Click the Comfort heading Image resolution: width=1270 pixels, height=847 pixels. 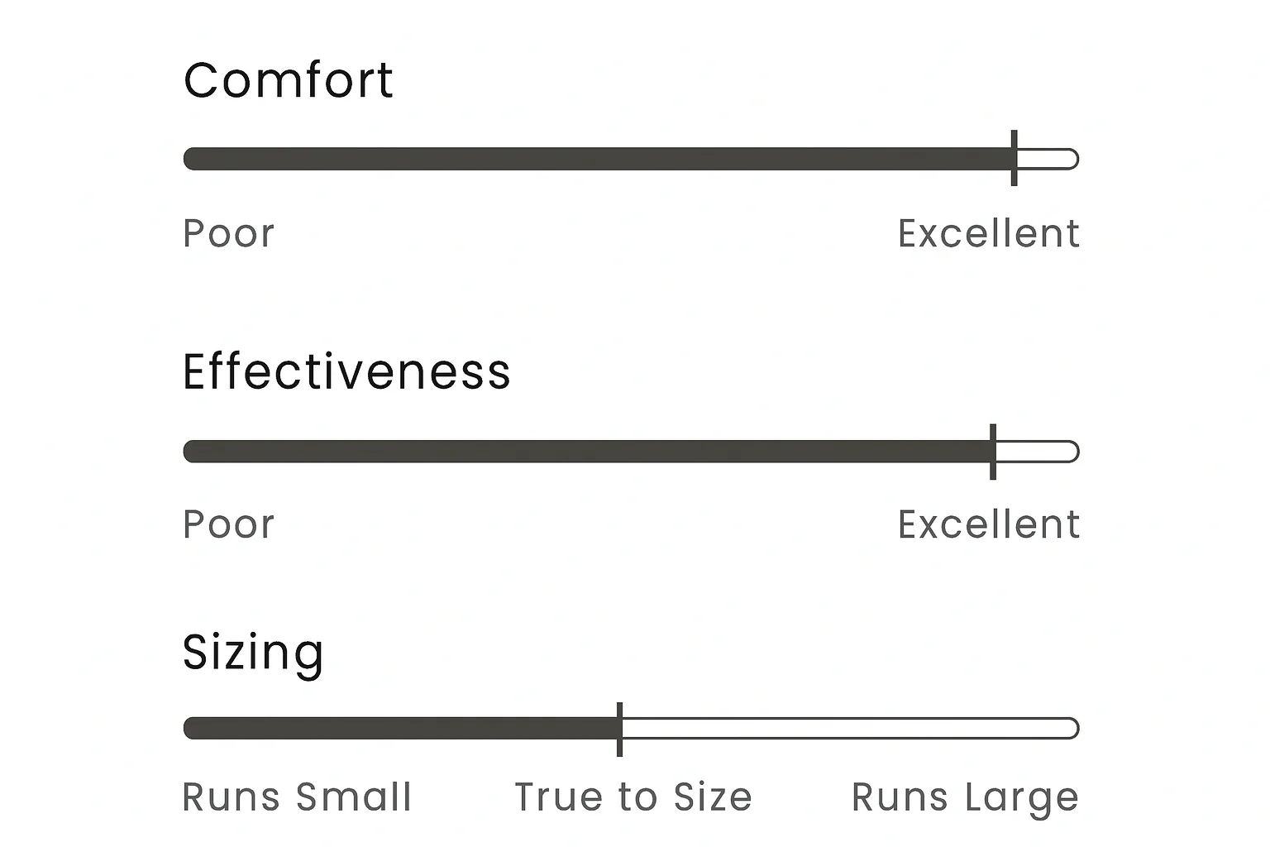click(x=289, y=80)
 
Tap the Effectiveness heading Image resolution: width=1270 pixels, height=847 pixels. click(x=346, y=371)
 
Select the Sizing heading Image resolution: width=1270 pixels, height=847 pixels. click(x=253, y=653)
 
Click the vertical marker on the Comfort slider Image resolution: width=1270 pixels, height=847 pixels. click(x=1015, y=158)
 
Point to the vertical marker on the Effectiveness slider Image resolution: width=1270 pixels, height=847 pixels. click(x=993, y=452)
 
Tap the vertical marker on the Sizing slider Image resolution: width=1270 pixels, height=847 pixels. click(x=619, y=729)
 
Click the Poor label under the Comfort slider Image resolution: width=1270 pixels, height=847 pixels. click(x=228, y=233)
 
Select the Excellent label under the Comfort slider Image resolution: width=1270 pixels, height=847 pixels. click(x=989, y=233)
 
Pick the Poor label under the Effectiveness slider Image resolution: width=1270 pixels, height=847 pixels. click(x=228, y=524)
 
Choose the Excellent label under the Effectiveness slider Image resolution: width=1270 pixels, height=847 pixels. click(x=989, y=524)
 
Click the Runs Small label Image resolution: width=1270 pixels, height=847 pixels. click(x=297, y=797)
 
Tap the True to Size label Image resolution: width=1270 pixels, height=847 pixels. click(x=633, y=797)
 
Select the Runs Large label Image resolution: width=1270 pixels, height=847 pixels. click(x=965, y=799)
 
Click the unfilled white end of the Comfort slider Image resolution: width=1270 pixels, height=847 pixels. click(x=1048, y=159)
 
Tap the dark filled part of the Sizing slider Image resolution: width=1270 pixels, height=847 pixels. click(x=400, y=729)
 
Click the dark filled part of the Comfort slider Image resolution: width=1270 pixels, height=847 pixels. click(x=598, y=159)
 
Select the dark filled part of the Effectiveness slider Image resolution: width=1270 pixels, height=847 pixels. click(x=587, y=452)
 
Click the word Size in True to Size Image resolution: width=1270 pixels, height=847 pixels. click(x=713, y=797)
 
